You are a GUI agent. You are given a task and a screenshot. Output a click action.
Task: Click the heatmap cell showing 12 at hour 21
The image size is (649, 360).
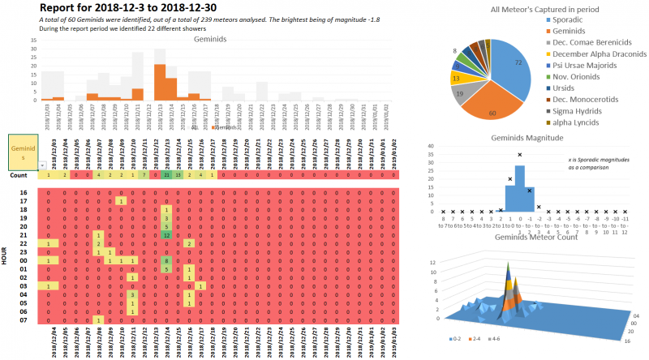[x=165, y=235]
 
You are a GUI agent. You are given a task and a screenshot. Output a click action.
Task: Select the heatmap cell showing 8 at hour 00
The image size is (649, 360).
[x=165, y=261]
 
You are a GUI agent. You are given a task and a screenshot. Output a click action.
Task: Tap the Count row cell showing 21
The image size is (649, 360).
[x=165, y=175]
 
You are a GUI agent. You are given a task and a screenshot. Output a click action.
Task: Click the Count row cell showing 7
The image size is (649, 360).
[x=143, y=175]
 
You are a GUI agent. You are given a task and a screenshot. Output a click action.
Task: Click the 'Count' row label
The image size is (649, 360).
[x=19, y=175]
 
